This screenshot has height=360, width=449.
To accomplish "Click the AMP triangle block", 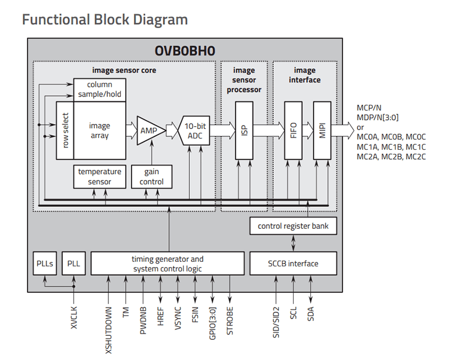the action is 149,131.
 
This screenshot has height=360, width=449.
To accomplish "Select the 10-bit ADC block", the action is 194,131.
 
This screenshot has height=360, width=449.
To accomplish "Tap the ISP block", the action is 244,131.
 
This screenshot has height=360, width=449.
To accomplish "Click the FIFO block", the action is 293,131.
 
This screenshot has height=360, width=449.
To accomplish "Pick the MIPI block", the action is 322,131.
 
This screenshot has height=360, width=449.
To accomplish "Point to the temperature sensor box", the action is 100,177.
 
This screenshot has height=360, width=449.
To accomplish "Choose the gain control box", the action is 152,177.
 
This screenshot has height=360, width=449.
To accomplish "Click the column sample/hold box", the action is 100,90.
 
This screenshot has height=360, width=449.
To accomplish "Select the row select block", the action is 65,131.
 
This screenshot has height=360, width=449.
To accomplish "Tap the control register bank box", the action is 293,226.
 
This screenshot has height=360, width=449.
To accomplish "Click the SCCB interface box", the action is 293,264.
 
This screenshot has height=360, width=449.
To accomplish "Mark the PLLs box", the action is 45,264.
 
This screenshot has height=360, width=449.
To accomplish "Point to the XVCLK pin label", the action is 74,317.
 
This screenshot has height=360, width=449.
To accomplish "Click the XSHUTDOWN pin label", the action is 108,330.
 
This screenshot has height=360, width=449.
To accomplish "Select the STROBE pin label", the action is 230,321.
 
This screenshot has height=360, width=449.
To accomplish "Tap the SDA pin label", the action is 310,313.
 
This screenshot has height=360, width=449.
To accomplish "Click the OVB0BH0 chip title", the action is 185,51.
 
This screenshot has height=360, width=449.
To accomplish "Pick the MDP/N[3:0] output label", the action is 377,117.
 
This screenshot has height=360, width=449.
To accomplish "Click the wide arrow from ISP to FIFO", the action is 269,131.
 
